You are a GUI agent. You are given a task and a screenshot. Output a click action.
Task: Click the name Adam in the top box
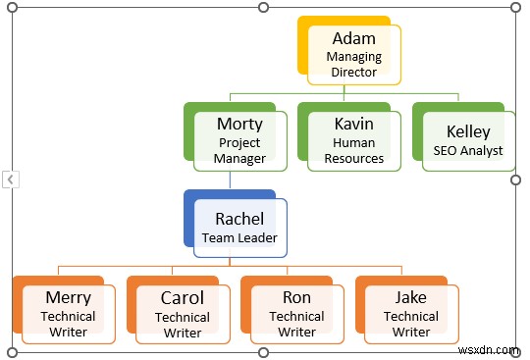353,39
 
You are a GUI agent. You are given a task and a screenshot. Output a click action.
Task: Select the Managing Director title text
353,65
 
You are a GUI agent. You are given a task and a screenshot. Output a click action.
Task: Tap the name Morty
240,124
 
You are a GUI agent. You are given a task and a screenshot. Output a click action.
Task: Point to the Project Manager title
240,150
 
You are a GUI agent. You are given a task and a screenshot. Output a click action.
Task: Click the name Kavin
354,124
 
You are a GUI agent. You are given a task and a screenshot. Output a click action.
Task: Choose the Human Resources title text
354,150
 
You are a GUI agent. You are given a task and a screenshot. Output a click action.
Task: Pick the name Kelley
468,131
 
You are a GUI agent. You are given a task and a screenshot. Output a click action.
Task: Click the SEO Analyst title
468,151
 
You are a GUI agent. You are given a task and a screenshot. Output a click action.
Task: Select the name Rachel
239,218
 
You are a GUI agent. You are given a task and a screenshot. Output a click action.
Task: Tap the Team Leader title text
239,237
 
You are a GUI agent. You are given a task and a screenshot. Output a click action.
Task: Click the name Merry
69,297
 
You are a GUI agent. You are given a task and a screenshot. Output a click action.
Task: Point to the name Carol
183,297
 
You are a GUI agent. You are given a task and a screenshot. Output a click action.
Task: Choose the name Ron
296,297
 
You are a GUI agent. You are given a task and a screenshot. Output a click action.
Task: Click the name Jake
410,297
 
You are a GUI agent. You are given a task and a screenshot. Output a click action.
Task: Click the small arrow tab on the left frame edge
9,180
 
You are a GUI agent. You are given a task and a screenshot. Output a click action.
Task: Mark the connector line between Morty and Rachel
230,180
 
